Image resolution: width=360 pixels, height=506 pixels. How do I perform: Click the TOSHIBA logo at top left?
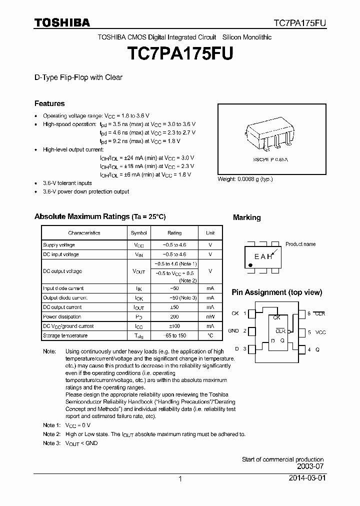(62, 22)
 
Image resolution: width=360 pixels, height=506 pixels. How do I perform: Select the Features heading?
(49, 103)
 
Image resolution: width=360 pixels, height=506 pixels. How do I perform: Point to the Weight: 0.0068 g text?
(245, 179)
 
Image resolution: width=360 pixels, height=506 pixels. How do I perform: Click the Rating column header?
(174, 233)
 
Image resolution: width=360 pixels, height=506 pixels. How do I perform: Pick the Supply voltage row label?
(59, 245)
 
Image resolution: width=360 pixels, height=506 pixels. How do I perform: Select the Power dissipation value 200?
(174, 316)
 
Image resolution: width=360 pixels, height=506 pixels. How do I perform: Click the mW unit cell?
(210, 316)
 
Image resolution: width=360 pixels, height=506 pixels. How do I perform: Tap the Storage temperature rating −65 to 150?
(174, 335)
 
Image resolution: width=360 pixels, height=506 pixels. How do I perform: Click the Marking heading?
(246, 217)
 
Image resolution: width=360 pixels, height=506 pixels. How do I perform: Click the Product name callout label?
(300, 244)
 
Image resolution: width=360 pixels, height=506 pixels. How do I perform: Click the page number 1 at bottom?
(180, 479)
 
